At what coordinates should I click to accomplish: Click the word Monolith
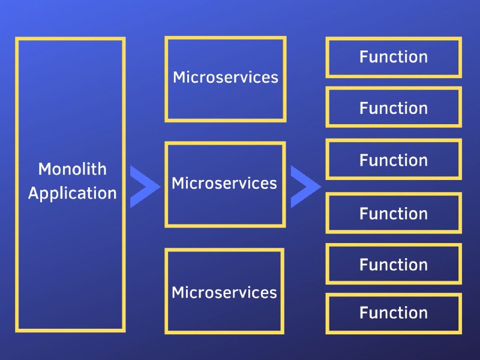pos(72,169)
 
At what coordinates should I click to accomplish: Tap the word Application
pos(72,194)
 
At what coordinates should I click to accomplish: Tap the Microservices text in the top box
pos(226,77)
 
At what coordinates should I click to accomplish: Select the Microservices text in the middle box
pos(224,183)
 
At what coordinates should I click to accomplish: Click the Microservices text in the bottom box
pos(224,292)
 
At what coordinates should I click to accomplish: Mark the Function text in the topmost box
pos(394,56)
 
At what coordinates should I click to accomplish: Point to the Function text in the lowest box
pos(394,313)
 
